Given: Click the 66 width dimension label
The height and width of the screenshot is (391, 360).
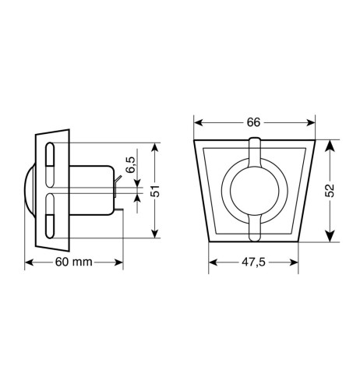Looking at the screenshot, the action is tap(253, 122).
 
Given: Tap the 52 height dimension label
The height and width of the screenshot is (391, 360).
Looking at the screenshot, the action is tap(330, 191).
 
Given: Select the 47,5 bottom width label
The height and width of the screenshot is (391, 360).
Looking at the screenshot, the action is tap(253, 262).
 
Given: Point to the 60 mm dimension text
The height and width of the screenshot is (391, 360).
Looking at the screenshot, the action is tap(74, 262).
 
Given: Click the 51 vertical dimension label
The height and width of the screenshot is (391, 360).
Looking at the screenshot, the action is tap(155, 191).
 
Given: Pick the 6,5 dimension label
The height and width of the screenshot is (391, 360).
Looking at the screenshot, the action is tap(130, 164).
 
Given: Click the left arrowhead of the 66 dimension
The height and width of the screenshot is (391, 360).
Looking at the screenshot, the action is tap(199, 122).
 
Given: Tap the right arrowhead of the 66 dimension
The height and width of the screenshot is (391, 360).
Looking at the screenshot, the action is tap(310, 122).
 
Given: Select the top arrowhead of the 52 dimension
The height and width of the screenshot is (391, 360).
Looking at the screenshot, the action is tap(330, 145).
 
